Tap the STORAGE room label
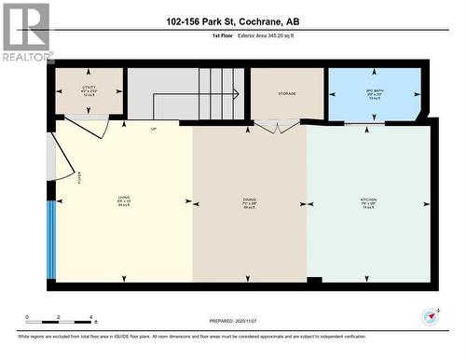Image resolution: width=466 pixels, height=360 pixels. point(286,93)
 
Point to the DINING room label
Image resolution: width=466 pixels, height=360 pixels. point(249,201)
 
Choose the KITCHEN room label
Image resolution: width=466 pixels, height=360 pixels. point(368,201)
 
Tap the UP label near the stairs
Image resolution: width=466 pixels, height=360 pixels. point(154,129)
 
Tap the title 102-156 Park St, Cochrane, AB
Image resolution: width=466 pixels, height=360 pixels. point(233,21)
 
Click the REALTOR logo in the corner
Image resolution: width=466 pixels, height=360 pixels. point(26,32)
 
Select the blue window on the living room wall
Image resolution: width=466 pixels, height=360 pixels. point(51,239)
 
